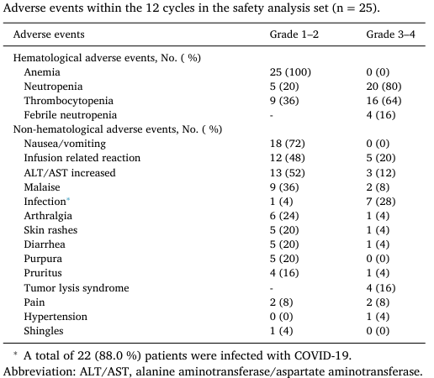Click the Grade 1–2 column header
point(294,34)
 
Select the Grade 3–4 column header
point(390,34)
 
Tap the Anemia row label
point(42,72)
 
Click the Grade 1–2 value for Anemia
point(290,72)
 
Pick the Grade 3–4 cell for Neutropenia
point(384,87)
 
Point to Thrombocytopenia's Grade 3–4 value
point(384,101)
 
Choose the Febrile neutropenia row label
point(71,115)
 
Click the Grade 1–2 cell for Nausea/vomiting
point(288,144)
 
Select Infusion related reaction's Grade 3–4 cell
point(381,158)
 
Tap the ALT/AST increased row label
point(70,173)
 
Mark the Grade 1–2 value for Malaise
point(284,187)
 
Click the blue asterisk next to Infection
point(68,199)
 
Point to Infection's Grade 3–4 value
point(381,202)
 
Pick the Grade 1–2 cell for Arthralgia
point(284,216)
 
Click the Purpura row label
point(43,259)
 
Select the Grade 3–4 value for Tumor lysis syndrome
point(381,288)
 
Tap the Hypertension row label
point(56,317)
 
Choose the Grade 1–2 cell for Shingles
point(281,331)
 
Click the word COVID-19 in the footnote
point(323,355)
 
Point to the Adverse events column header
point(49,34)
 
